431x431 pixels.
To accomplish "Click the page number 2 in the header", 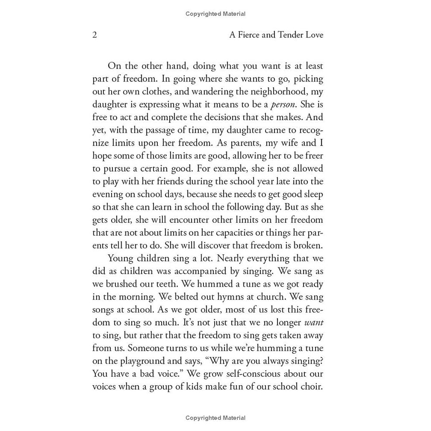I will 95,35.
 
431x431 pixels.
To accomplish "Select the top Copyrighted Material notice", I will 215,14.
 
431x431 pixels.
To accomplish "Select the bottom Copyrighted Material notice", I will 215,418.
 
